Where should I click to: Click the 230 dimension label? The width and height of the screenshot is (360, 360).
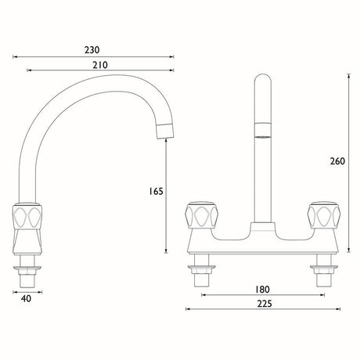(x=92, y=49)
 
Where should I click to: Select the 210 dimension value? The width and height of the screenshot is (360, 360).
(x=100, y=65)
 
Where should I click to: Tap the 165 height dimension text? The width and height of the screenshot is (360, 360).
(x=156, y=191)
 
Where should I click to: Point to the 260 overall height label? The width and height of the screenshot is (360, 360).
(x=337, y=161)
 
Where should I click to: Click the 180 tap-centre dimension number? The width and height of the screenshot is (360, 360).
(x=262, y=290)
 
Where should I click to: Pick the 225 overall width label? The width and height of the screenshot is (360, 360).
(x=265, y=304)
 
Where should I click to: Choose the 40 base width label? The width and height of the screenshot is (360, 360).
(x=26, y=298)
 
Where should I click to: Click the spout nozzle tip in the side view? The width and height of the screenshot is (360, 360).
(x=165, y=131)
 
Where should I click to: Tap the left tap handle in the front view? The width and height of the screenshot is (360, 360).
(x=201, y=215)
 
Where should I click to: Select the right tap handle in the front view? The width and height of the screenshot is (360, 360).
(x=324, y=215)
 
